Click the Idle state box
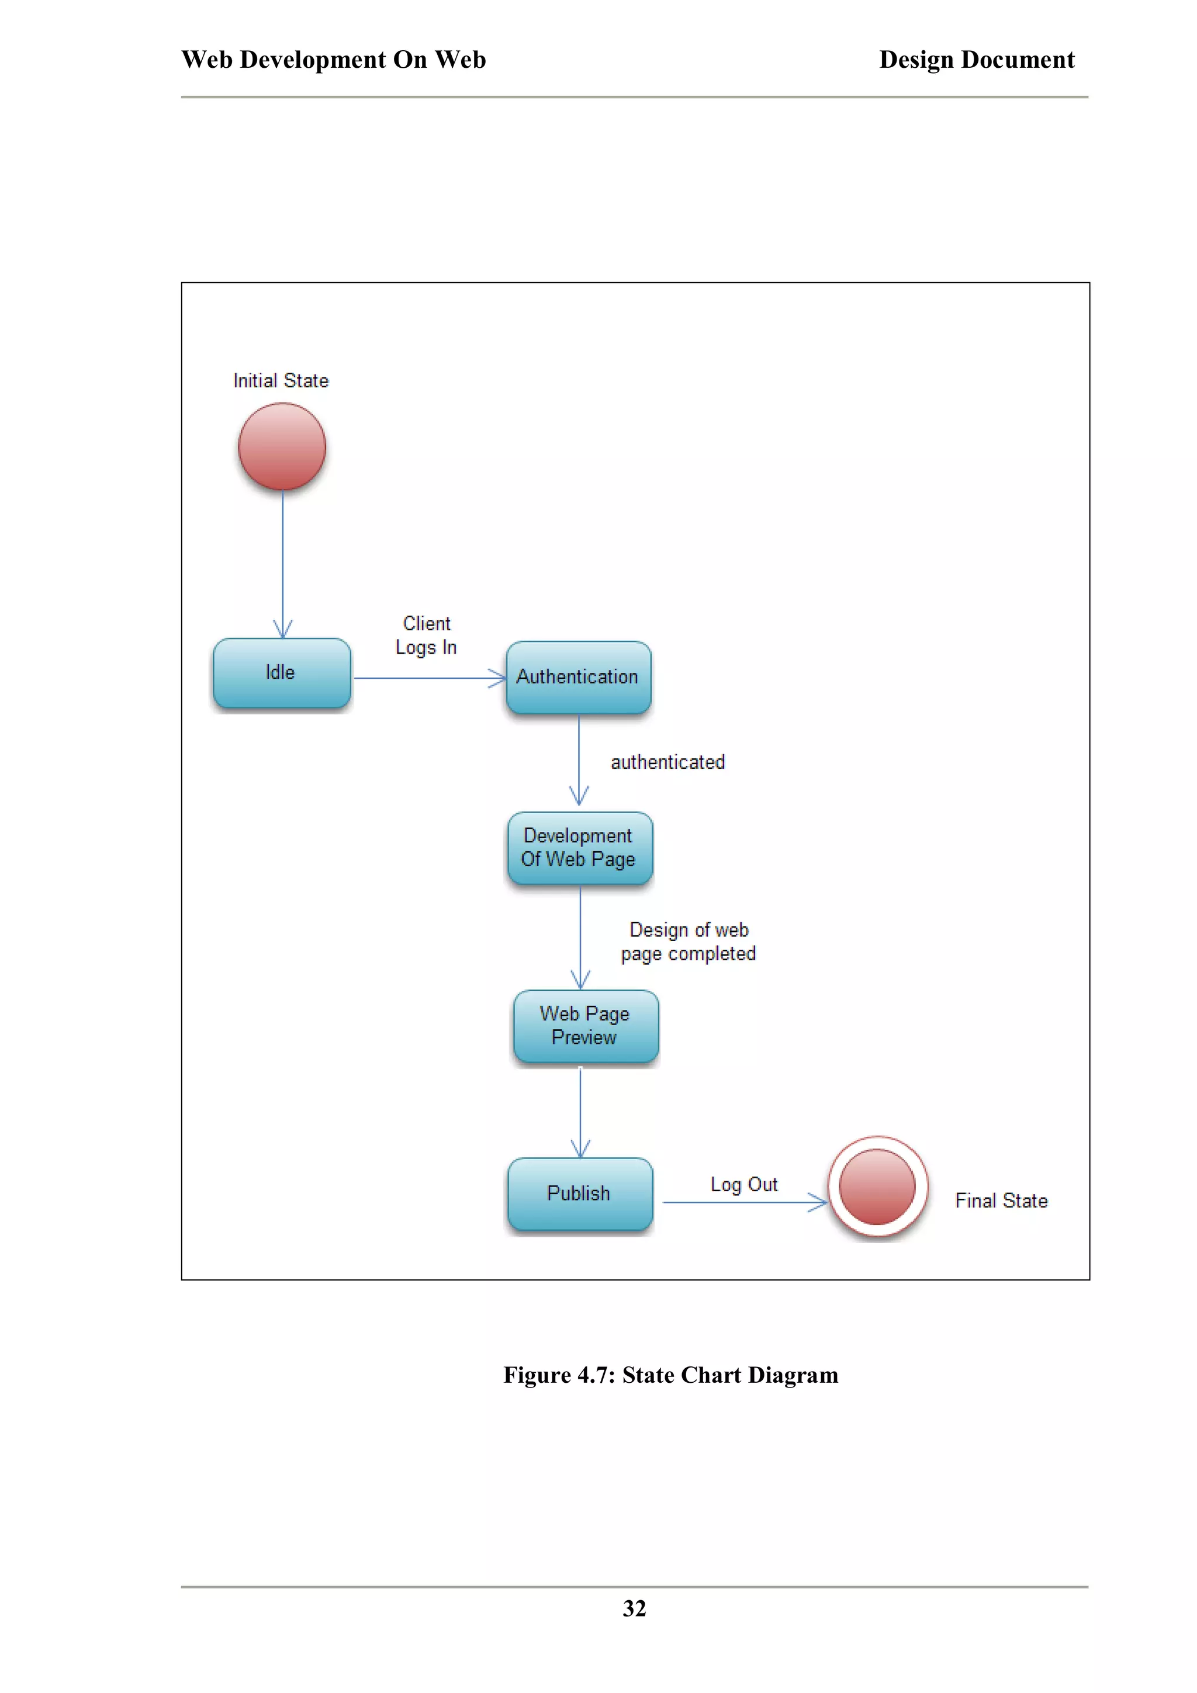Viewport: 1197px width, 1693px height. click(x=281, y=672)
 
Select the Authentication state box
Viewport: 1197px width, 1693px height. click(x=578, y=677)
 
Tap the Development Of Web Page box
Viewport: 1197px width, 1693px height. click(x=579, y=848)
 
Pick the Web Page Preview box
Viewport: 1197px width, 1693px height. click(x=585, y=1026)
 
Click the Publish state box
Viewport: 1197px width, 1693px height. click(x=580, y=1193)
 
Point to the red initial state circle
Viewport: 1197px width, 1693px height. click(x=282, y=446)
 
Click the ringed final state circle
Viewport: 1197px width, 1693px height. click(x=877, y=1187)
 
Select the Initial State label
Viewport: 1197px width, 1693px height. click(x=281, y=380)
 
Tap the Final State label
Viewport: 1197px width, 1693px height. click(x=1001, y=1201)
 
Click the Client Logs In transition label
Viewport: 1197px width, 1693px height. click(x=426, y=635)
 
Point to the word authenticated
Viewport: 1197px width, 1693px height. click(x=667, y=762)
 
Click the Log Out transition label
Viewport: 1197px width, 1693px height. click(x=743, y=1184)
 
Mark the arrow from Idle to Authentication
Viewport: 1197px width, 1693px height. click(x=428, y=678)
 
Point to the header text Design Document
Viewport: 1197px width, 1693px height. click(x=977, y=60)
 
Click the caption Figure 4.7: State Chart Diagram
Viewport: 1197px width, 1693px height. click(x=670, y=1375)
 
